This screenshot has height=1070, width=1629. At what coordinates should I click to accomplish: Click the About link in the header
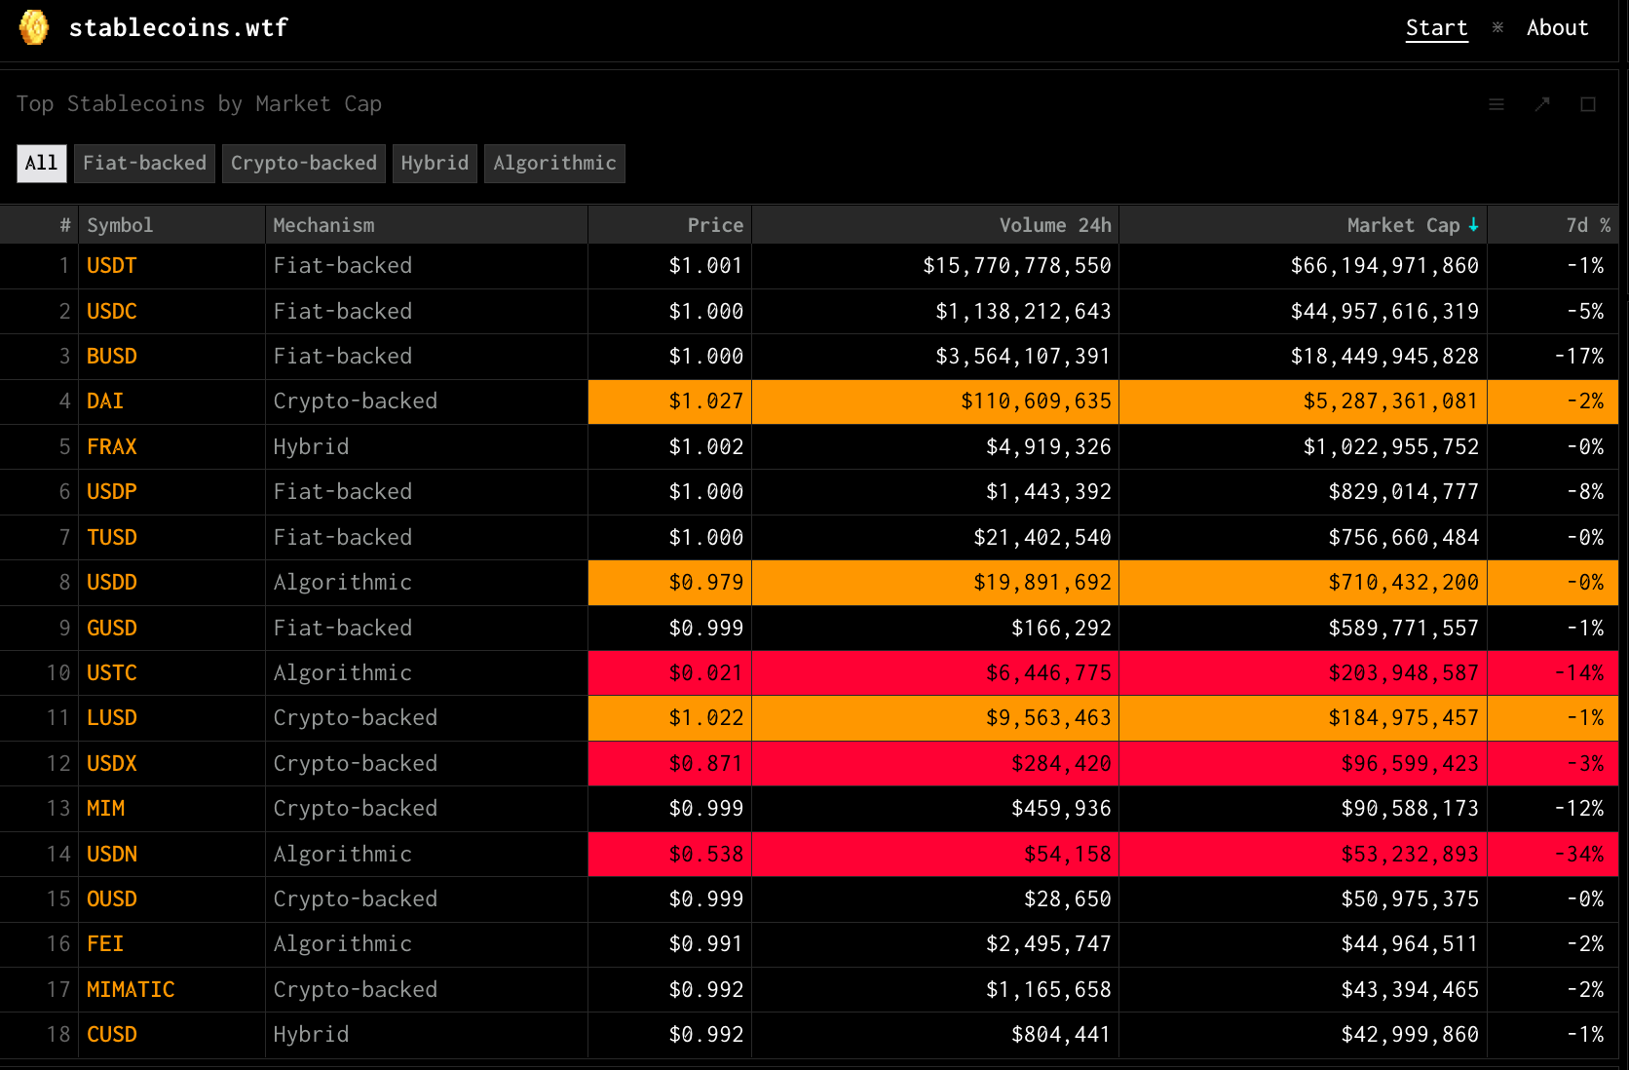click(1557, 27)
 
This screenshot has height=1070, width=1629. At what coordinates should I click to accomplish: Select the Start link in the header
click(1436, 27)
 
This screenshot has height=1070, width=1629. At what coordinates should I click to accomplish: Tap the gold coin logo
click(33, 27)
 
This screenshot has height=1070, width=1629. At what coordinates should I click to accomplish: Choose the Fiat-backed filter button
click(144, 163)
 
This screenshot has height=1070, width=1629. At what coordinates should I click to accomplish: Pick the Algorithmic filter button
click(554, 163)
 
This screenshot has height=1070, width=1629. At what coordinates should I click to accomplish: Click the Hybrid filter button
click(435, 163)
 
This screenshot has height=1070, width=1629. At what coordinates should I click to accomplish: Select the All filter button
click(42, 163)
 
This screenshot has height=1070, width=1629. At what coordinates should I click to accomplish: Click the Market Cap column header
click(1403, 225)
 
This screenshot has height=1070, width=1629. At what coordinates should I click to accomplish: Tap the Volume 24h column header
click(1054, 225)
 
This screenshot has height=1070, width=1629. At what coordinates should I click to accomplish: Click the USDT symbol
click(111, 265)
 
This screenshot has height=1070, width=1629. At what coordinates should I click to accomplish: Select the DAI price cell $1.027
click(705, 401)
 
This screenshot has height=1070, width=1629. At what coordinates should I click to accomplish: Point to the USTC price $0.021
click(705, 672)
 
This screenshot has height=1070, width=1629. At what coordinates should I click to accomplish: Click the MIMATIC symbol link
click(131, 989)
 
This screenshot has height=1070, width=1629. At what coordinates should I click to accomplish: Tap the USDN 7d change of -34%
click(1578, 854)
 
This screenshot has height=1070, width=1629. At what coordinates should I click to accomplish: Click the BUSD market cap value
click(1383, 357)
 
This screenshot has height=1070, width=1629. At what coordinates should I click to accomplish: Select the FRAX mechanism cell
click(311, 446)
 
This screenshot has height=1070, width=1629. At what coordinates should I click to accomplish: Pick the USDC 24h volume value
click(1022, 311)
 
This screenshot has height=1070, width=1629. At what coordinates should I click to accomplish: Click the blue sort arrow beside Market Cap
click(1473, 225)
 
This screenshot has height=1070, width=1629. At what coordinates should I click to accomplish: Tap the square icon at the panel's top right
click(1587, 104)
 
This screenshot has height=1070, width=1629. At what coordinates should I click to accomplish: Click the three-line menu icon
click(1496, 104)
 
